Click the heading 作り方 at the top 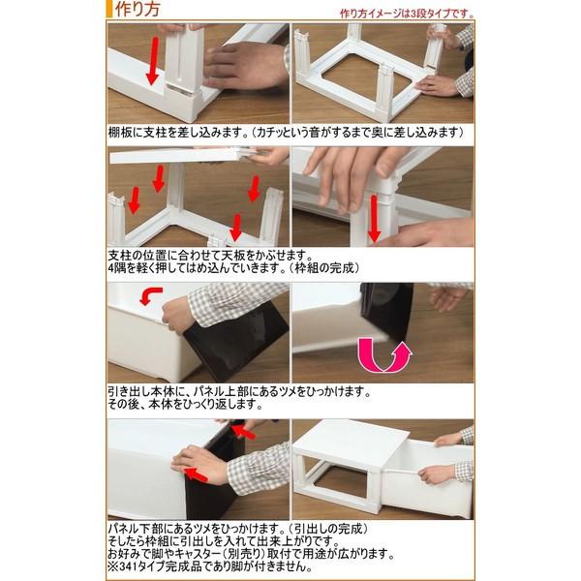(138, 10)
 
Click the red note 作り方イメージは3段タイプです (407, 14)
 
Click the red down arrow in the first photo (153, 61)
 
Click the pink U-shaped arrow (384, 354)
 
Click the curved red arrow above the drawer (150, 295)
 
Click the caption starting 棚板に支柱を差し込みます (286, 133)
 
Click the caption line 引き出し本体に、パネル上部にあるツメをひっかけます (239, 391)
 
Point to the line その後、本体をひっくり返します (185, 404)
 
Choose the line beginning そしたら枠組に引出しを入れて (224, 541)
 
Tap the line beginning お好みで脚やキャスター (251, 554)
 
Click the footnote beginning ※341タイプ (210, 566)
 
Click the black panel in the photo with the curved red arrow (237, 341)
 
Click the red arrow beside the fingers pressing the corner (374, 218)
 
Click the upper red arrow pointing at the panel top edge (244, 431)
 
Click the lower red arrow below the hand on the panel (197, 475)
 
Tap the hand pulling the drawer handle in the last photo (432, 474)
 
